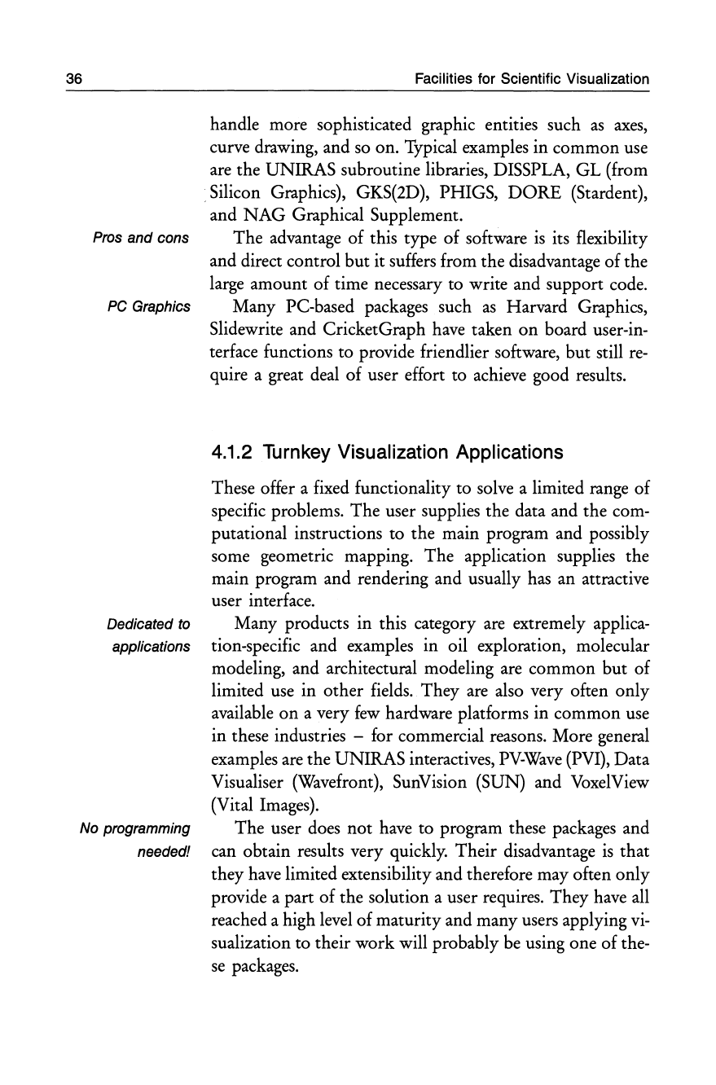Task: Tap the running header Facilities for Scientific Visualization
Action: (x=531, y=79)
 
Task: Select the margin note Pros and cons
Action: (x=142, y=239)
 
